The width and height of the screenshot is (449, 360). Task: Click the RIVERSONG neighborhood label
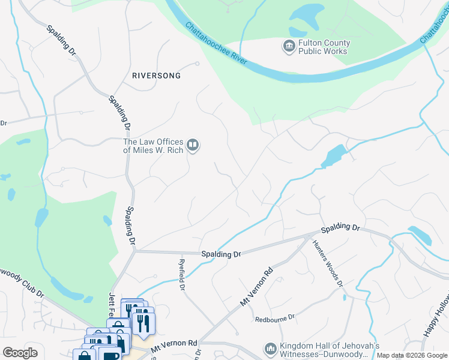tap(156, 76)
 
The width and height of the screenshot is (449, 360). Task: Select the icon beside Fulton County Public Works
tap(289, 45)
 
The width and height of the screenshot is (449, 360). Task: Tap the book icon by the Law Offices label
tap(193, 145)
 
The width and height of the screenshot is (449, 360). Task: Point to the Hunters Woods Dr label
tap(327, 263)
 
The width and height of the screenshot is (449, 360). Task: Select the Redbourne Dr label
tap(276, 317)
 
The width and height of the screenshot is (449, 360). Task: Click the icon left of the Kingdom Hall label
tap(271, 349)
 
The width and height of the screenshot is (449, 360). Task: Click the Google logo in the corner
tap(20, 353)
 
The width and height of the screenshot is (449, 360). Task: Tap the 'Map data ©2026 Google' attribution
tap(412, 356)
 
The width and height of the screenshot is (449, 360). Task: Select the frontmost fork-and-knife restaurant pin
tap(143, 323)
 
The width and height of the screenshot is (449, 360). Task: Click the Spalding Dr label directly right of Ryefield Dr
tap(220, 254)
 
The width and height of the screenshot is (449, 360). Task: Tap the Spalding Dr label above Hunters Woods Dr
tap(339, 229)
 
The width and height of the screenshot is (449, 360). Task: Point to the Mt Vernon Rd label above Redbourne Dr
tap(256, 287)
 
